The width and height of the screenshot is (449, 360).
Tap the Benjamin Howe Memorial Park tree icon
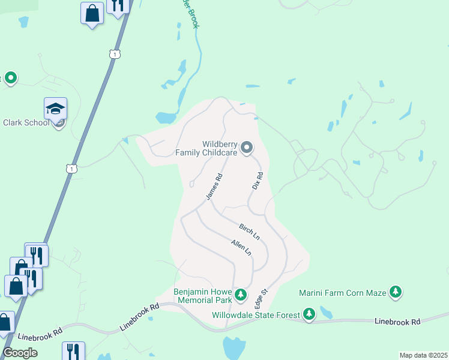(240, 294)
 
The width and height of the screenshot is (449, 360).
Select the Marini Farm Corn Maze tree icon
(395, 292)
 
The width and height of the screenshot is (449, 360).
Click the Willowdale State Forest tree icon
(309, 313)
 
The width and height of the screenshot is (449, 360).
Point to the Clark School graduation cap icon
(55, 109)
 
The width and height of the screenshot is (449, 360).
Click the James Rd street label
(214, 187)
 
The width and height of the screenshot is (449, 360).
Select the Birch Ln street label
(249, 232)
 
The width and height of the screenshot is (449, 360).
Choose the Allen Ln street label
(241, 247)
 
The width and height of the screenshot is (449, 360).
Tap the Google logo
(20, 353)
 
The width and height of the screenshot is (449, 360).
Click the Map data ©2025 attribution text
(423, 355)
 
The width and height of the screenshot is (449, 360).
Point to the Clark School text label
(26, 122)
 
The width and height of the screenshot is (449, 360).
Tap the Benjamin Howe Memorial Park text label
(203, 295)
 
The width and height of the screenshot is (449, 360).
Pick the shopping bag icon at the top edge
(92, 13)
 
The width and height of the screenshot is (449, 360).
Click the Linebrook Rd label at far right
(397, 322)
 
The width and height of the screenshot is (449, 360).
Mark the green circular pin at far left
(10, 77)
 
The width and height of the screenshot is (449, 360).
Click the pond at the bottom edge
(234, 348)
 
